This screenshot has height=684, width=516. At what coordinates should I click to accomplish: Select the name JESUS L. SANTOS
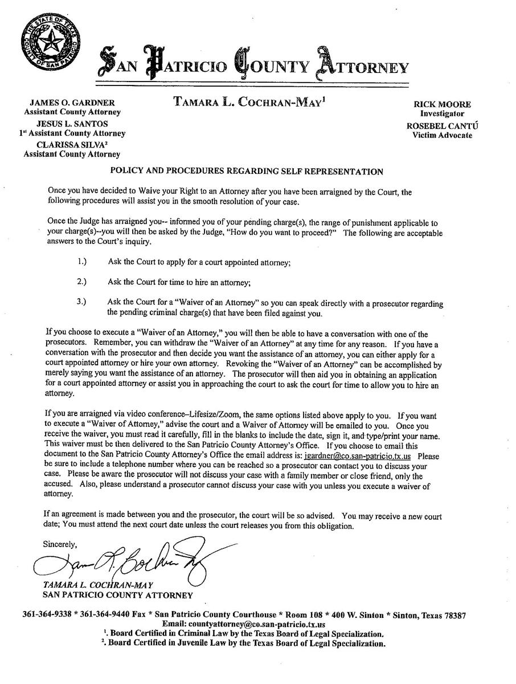(x=72, y=123)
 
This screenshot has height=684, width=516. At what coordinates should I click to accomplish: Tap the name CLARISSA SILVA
(x=71, y=144)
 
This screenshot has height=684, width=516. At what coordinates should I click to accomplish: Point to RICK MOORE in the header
(x=442, y=104)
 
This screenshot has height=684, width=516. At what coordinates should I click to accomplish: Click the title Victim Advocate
(x=442, y=135)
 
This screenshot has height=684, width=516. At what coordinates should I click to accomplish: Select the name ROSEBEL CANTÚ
(x=442, y=125)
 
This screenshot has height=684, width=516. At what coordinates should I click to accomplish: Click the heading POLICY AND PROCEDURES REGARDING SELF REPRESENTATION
(x=246, y=171)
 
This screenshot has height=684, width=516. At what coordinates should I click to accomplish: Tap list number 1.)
(x=82, y=262)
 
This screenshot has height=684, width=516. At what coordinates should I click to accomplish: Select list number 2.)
(x=82, y=281)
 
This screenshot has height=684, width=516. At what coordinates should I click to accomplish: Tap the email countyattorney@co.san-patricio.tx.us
(x=264, y=624)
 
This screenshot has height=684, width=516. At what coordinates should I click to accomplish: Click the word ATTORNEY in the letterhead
(x=372, y=67)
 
